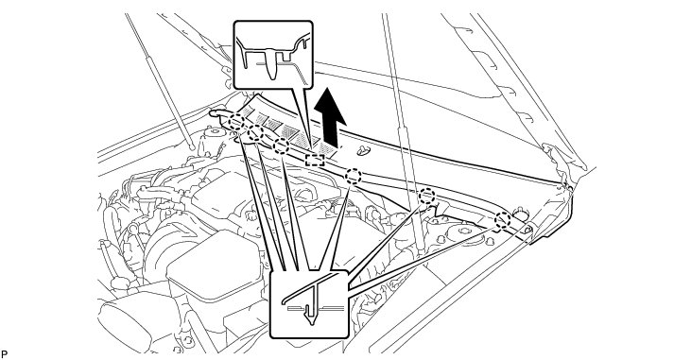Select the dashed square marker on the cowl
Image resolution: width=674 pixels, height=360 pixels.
(315, 160)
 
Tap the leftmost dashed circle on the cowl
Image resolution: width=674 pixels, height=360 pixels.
(236, 122)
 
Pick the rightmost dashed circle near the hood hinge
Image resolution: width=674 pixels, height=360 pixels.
(502, 220)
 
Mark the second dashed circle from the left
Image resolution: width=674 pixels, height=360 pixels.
(255, 132)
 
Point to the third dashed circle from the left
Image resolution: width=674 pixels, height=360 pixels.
(281, 146)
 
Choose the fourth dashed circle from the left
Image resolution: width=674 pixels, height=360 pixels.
(354, 176)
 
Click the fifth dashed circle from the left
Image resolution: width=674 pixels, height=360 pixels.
(427, 197)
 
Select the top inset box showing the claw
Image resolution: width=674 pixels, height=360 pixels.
(273, 55)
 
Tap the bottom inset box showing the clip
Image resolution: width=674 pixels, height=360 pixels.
(309, 303)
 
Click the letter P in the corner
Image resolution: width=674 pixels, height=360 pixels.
(4, 354)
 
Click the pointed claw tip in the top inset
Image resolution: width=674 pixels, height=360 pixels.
(270, 77)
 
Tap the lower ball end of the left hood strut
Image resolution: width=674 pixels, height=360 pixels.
(193, 147)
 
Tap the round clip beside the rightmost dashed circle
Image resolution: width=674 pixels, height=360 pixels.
(519, 214)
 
